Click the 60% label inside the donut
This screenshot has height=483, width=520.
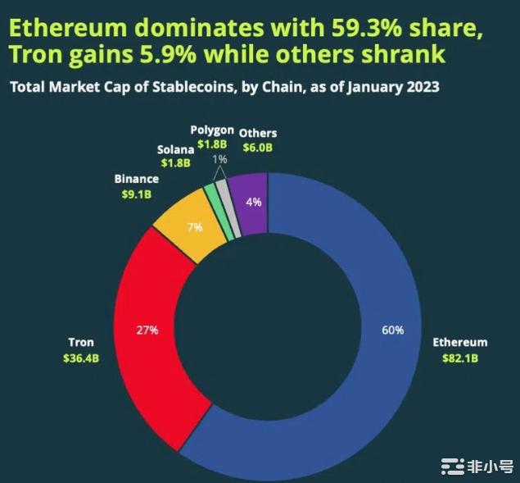[393, 330]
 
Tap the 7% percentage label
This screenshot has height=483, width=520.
[194, 227]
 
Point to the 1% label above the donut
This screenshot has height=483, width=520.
[219, 159]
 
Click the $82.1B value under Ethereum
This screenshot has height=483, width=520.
[460, 358]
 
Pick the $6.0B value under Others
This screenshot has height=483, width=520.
[257, 148]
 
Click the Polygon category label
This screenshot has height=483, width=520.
[212, 130]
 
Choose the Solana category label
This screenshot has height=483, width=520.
[175, 149]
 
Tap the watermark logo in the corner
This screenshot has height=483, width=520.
[452, 466]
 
